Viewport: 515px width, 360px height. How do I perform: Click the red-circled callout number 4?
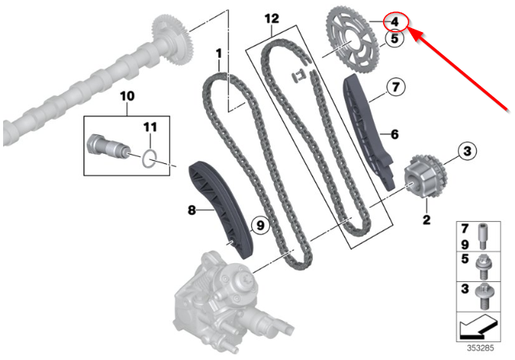click(395, 22)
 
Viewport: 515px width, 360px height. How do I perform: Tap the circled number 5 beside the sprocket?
click(394, 38)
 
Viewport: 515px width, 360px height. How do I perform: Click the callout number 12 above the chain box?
click(272, 19)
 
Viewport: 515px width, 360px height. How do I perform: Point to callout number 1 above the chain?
click(218, 54)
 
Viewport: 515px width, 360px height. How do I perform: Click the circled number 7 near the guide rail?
click(396, 87)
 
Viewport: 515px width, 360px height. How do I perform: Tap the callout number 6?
click(394, 134)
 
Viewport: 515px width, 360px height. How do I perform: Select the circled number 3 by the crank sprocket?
click(467, 151)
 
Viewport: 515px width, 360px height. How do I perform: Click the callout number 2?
click(426, 219)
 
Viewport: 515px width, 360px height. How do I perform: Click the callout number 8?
click(192, 210)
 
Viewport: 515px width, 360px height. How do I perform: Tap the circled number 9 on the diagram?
click(260, 226)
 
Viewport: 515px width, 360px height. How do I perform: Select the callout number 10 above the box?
click(127, 96)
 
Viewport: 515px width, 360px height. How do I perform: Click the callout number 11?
click(150, 127)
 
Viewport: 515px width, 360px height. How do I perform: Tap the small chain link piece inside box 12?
click(298, 77)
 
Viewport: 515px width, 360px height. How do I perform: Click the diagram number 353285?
click(481, 348)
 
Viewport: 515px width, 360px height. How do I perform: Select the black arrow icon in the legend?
click(479, 327)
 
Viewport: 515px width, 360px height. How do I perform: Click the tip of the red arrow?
click(409, 28)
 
